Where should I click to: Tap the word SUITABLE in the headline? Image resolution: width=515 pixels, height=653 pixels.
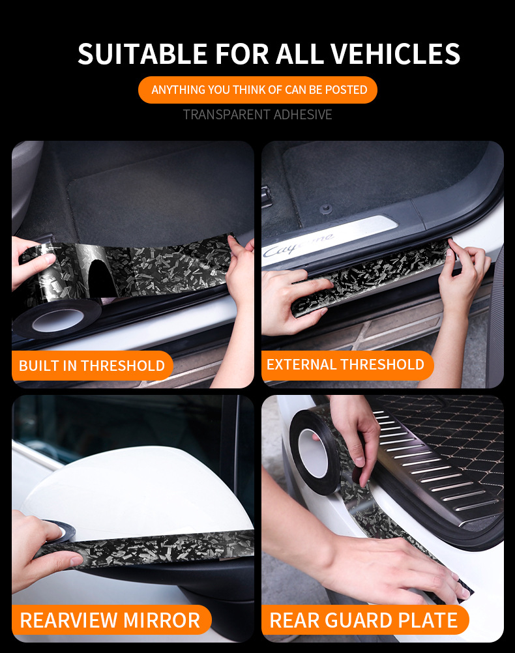[142, 54]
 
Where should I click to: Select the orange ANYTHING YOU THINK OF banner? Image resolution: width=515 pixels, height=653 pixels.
[257, 90]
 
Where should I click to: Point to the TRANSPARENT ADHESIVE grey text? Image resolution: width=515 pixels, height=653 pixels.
[257, 115]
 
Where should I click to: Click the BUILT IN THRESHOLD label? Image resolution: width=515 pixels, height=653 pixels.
[92, 366]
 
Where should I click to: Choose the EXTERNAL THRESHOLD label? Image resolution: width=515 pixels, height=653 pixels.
[346, 365]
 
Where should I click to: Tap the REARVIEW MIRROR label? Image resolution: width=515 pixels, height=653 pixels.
[110, 620]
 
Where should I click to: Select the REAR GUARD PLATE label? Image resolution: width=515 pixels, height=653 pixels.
[364, 620]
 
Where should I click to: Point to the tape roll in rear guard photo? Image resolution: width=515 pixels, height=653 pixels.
[317, 449]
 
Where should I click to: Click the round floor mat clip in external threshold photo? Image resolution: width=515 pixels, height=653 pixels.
[327, 208]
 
